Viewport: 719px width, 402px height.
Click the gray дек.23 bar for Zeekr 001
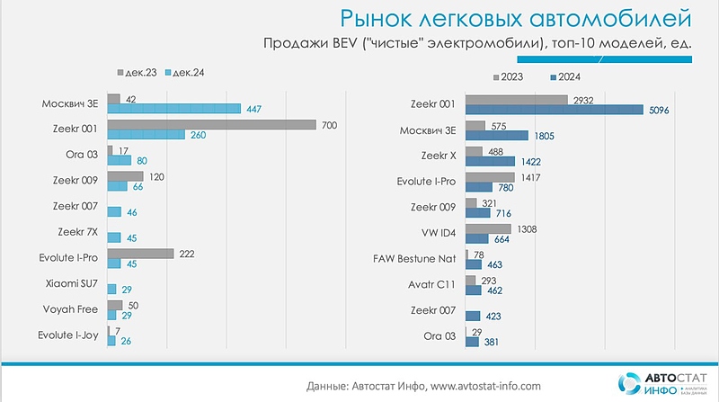click(x=211, y=124)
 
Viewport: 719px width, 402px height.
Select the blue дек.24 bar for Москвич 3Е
click(x=173, y=109)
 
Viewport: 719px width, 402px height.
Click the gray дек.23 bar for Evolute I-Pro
click(x=140, y=254)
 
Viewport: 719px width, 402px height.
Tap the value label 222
click(x=188, y=254)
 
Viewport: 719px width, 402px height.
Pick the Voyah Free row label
click(x=71, y=310)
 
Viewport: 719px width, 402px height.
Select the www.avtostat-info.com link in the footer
click(x=487, y=386)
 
